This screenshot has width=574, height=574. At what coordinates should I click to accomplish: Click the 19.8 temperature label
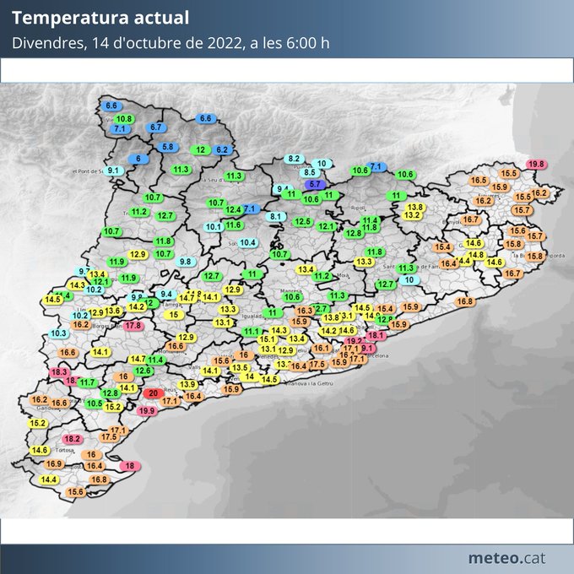click(535, 164)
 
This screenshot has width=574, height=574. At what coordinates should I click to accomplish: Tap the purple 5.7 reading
click(313, 183)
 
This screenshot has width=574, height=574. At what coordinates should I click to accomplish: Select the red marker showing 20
click(153, 393)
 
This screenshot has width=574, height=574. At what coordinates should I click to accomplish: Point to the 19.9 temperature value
click(147, 410)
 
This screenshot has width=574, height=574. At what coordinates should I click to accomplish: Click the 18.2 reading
click(73, 439)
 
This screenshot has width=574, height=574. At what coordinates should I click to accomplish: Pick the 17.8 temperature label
click(133, 325)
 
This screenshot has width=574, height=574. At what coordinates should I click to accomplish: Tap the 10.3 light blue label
click(59, 333)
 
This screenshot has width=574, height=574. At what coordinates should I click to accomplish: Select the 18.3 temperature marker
click(59, 371)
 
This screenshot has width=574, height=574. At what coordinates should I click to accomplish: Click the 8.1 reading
click(275, 217)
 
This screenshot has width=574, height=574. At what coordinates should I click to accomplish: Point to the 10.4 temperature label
click(247, 242)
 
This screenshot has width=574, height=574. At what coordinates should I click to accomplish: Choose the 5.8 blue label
click(167, 147)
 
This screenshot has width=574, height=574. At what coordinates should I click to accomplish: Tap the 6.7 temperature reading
click(156, 127)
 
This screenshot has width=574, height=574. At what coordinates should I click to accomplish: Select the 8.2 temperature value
click(294, 159)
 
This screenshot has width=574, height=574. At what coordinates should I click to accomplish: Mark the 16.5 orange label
click(479, 180)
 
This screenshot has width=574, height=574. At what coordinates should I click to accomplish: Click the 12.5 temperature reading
click(303, 221)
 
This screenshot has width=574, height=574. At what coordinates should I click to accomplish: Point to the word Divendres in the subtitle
click(47, 43)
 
